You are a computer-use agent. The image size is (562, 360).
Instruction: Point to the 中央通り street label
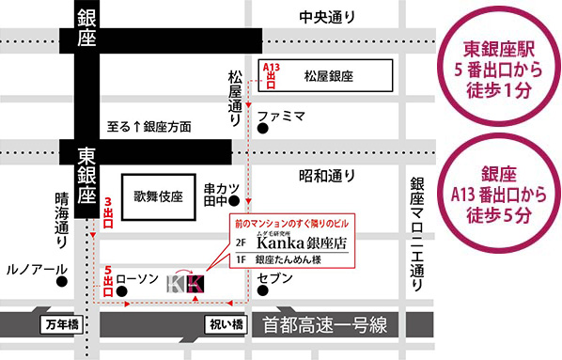328,17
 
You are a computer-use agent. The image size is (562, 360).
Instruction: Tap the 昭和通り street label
327,174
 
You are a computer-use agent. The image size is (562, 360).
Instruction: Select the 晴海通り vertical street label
61,221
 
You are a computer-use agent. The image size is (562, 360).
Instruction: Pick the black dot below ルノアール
61,281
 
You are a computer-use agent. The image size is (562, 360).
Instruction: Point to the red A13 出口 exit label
271,74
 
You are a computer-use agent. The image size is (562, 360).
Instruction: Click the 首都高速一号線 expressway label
326,324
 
